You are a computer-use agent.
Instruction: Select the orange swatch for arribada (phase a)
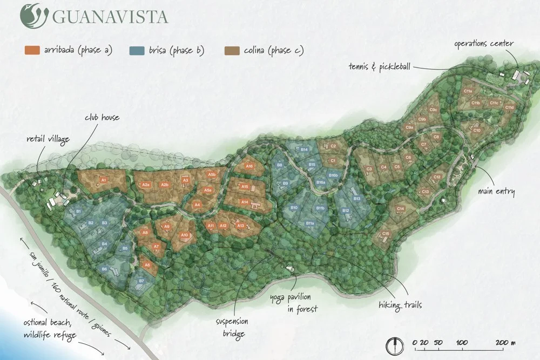(x=32, y=51)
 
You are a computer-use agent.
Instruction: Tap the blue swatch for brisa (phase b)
(x=137, y=51)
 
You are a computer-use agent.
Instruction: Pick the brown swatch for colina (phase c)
(x=232, y=51)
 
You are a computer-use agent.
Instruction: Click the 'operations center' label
(x=484, y=43)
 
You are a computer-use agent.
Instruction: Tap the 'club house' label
(x=102, y=118)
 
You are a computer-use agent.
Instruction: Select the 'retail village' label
(x=48, y=140)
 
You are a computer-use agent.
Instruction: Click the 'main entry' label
(x=497, y=191)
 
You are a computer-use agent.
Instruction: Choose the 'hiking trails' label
(x=400, y=306)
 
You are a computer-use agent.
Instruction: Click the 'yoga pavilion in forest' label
(x=294, y=303)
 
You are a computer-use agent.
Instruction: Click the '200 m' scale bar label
(x=505, y=342)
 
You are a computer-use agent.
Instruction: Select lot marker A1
(x=103, y=179)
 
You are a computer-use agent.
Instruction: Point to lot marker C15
(x=386, y=234)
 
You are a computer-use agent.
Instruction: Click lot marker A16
(x=249, y=167)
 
